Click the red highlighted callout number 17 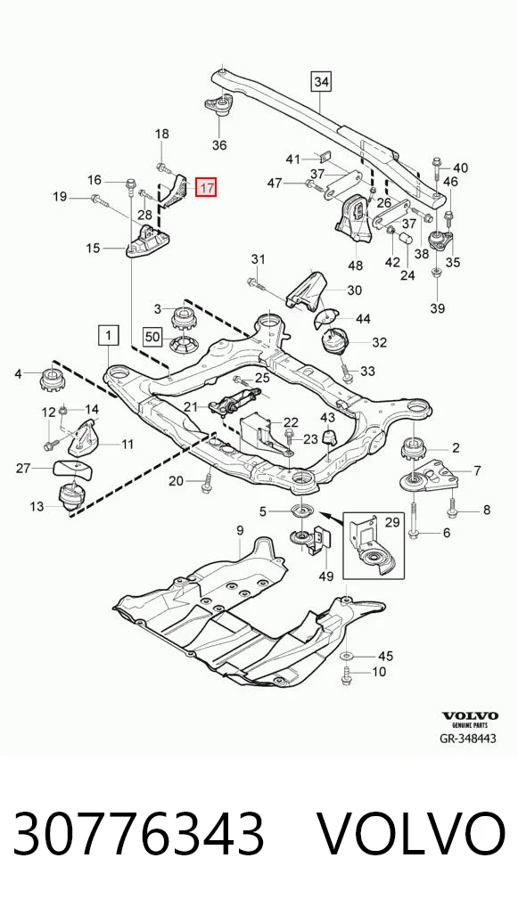(205, 187)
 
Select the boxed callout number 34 (321, 82)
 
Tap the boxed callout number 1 (109, 334)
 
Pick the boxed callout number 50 (152, 336)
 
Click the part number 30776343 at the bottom (138, 835)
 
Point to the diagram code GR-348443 (468, 739)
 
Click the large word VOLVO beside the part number (412, 835)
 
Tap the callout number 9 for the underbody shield (240, 530)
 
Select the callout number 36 (219, 145)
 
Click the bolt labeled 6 (414, 519)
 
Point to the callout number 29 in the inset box (392, 523)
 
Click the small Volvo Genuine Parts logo (470, 719)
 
